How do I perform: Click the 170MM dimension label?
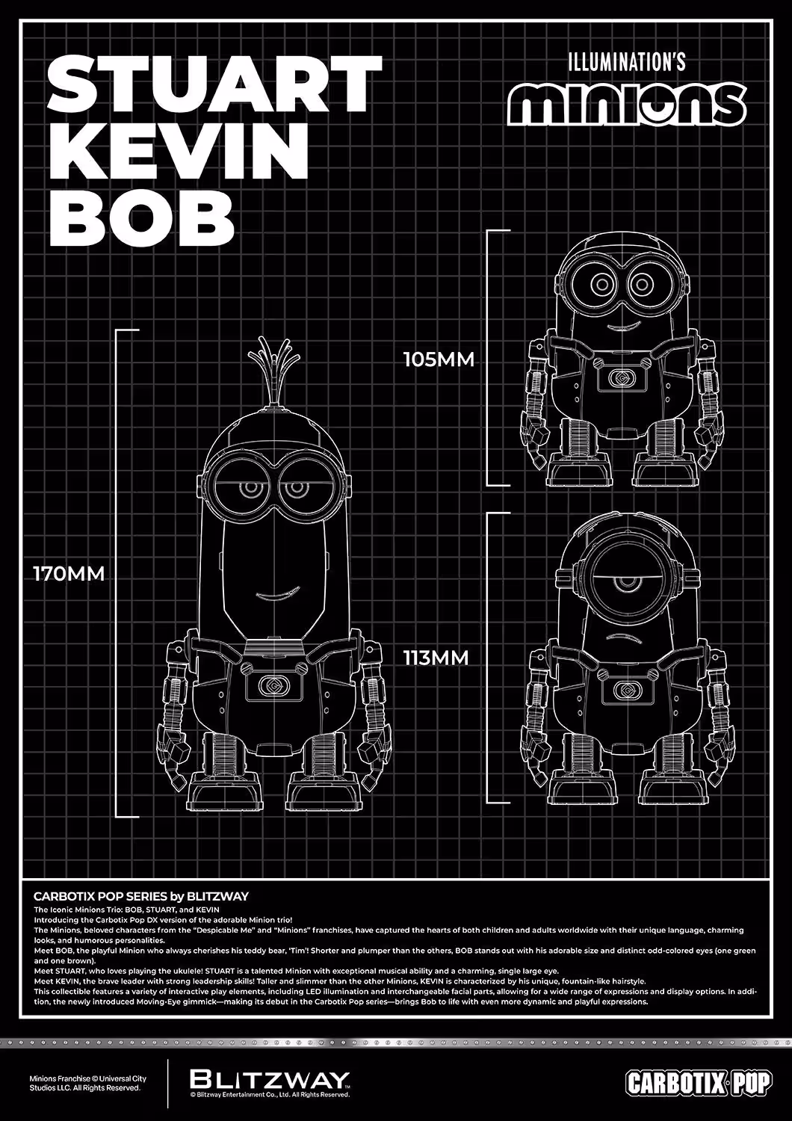tap(69, 573)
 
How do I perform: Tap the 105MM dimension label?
tap(439, 359)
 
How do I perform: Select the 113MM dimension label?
tap(436, 658)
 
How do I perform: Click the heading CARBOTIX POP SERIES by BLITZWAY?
tap(141, 896)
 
